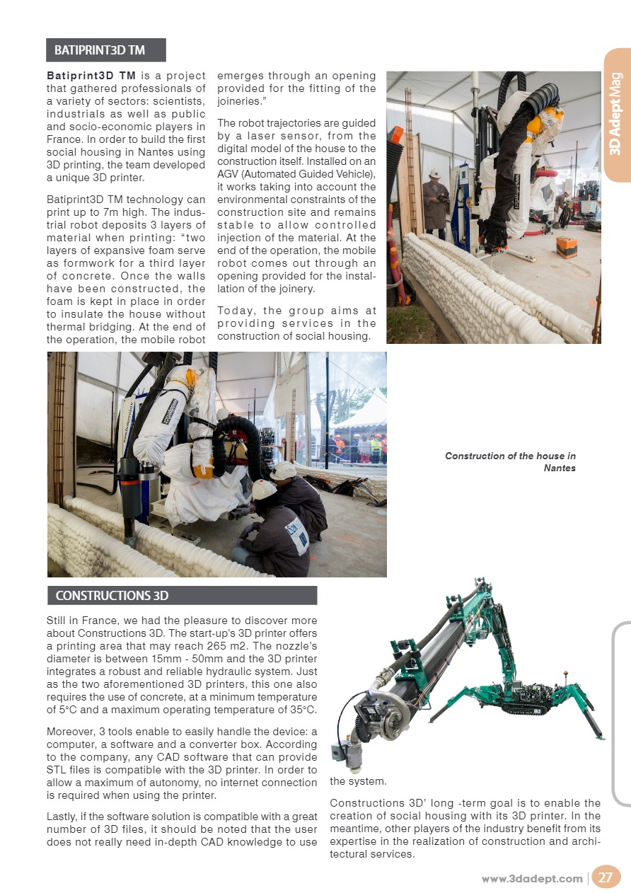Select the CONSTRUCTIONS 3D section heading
112,595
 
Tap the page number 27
605,878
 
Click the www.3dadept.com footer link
532,879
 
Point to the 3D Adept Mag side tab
616,114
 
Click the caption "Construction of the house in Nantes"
510,461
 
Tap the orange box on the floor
566,246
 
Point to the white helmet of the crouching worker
265,488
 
